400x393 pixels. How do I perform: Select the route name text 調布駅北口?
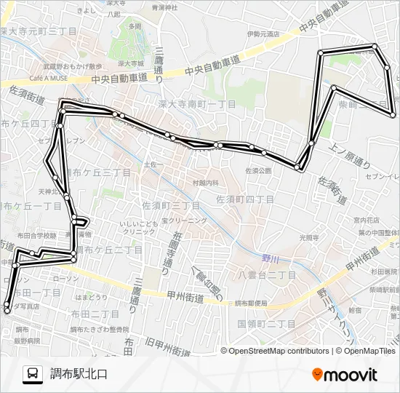click(79, 375)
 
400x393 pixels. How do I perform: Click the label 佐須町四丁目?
click(246, 199)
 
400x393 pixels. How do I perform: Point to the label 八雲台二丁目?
click(267, 275)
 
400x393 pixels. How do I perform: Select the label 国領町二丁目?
click(266, 323)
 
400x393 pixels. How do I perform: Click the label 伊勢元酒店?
click(263, 34)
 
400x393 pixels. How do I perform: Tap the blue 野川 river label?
click(271, 258)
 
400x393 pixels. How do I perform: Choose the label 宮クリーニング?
click(184, 220)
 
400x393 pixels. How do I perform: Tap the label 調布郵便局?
click(251, 303)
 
